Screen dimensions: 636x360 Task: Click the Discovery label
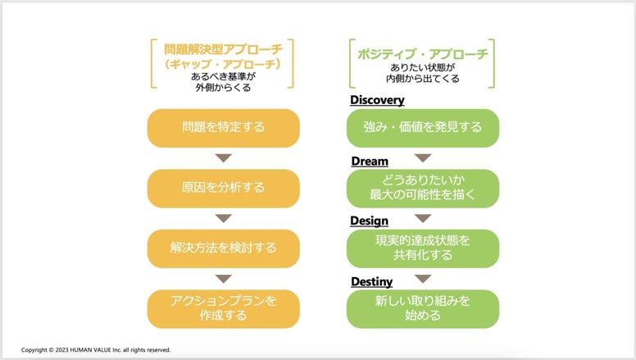tap(377, 100)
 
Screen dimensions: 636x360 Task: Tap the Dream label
tap(370, 161)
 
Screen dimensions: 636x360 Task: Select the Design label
tap(369, 221)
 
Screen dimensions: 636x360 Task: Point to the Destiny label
tap(371, 281)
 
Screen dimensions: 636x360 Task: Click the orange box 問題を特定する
tap(224, 128)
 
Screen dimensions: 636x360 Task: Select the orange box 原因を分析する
tap(224, 189)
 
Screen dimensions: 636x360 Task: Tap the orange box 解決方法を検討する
tap(224, 248)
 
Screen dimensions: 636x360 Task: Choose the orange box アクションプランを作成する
tap(224, 309)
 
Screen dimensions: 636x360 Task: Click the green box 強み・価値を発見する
tap(423, 128)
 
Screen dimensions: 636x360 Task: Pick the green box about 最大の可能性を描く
tap(423, 189)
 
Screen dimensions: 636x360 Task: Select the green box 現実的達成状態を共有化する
tap(423, 248)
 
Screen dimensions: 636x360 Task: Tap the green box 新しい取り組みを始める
tap(423, 309)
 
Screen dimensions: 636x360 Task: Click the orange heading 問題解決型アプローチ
tap(223, 49)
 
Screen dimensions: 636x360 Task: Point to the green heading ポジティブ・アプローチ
tap(423, 54)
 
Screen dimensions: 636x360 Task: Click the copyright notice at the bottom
tap(96, 350)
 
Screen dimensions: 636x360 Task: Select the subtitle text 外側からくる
tap(223, 87)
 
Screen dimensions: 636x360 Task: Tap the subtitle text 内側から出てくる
tap(423, 79)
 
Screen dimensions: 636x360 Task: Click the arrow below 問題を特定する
tap(224, 158)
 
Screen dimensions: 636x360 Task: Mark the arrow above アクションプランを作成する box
tap(224, 279)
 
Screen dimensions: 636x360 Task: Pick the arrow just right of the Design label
tap(423, 218)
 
